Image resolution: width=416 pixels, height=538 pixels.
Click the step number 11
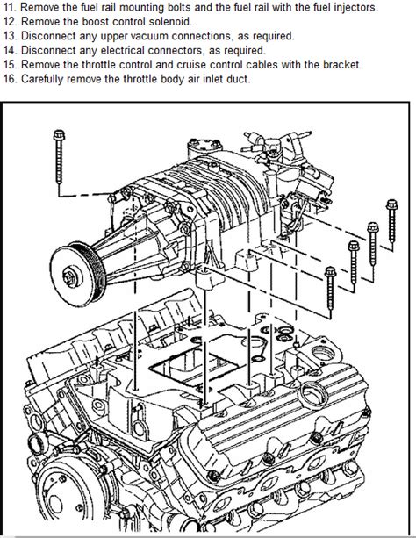[10, 6]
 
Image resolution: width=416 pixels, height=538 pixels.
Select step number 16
[10, 79]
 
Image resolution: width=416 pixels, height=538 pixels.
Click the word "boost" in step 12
[96, 21]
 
